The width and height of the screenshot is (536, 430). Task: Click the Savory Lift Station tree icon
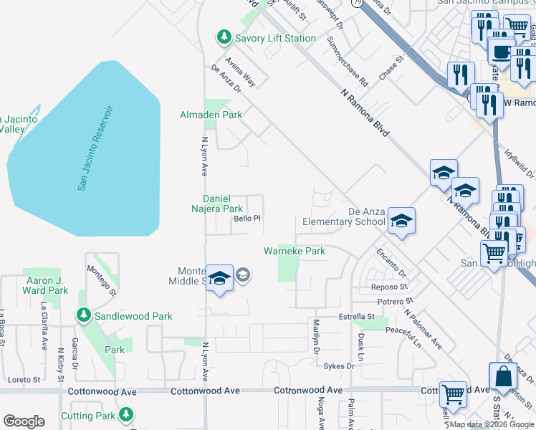click(x=224, y=37)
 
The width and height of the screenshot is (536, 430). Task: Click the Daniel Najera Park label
click(x=224, y=203)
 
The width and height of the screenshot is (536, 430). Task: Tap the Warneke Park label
click(x=295, y=251)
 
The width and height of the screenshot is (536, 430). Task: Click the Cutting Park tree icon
click(x=127, y=415)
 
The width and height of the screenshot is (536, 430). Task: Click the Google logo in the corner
click(x=24, y=421)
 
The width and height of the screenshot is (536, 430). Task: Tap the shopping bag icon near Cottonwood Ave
click(x=502, y=376)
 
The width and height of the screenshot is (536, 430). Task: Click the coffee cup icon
click(x=501, y=52)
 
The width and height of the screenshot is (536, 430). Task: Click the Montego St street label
click(x=102, y=279)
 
